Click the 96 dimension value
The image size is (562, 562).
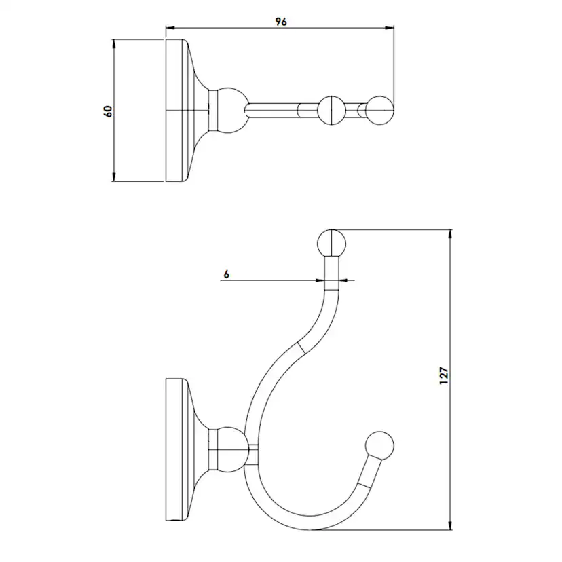click(x=280, y=22)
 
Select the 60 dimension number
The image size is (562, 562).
click(x=107, y=111)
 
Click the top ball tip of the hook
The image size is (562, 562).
click(x=332, y=242)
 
